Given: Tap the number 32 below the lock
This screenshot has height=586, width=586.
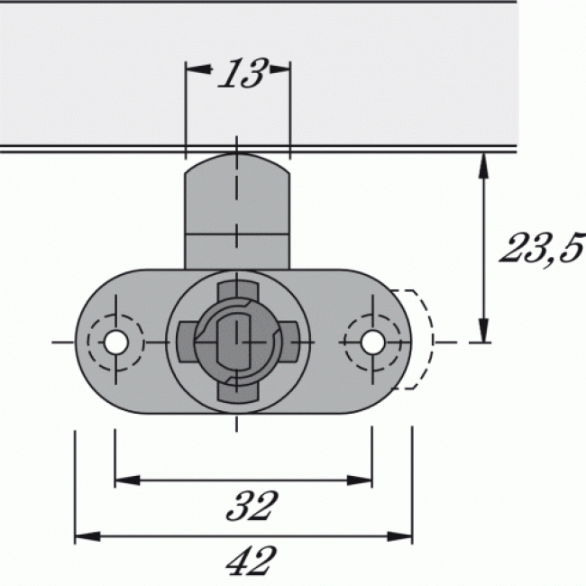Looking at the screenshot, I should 249,506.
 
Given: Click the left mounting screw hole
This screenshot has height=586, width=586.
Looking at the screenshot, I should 114,343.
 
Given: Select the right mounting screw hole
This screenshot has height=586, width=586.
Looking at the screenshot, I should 371,343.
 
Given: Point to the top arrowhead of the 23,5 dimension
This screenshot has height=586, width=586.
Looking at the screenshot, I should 484,163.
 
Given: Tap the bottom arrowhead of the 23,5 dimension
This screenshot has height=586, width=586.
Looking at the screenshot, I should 484,332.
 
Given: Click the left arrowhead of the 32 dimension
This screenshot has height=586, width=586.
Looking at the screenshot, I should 124,479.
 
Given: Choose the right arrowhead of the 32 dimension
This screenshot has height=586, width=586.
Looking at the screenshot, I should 362,479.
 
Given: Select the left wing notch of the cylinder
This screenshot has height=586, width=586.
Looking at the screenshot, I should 185,343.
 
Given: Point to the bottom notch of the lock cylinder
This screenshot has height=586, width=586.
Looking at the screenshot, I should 237,390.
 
